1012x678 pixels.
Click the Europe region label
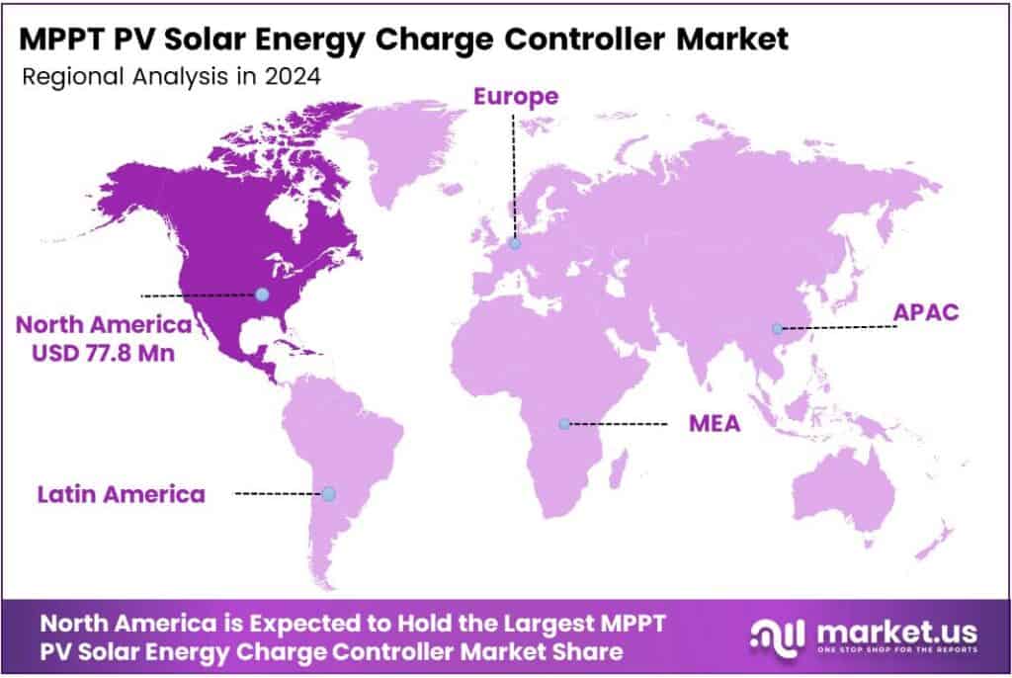(515, 97)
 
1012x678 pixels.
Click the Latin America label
(122, 493)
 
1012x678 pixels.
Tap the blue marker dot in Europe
(514, 243)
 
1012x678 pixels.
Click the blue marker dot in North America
(261, 295)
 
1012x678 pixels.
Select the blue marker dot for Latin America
(328, 493)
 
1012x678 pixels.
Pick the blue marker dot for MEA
(563, 424)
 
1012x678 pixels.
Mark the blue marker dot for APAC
(777, 328)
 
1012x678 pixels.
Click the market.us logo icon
(775, 637)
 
